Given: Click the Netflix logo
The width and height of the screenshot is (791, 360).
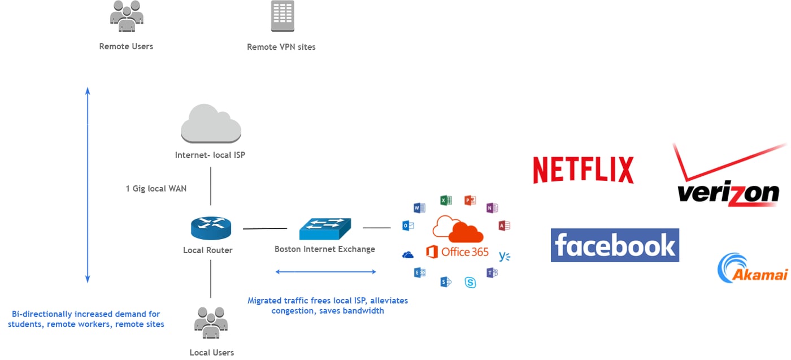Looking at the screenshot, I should (583, 170).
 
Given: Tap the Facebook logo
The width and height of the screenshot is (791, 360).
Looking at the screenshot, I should (615, 245).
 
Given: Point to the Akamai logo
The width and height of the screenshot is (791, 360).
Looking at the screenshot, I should (751, 269).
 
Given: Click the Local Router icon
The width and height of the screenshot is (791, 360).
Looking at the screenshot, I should (211, 227).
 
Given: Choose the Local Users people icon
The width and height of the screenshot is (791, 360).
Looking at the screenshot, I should (211, 323).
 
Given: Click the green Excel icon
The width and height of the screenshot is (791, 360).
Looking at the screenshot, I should (445, 200).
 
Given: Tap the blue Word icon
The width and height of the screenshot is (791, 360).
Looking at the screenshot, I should (419, 208).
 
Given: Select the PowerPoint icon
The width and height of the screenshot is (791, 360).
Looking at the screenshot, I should (470, 200).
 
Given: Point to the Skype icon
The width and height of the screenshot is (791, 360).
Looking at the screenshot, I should (470, 282).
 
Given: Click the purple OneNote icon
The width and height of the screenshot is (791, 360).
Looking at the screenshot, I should (492, 208).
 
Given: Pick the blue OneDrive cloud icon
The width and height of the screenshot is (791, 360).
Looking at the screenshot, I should (408, 255).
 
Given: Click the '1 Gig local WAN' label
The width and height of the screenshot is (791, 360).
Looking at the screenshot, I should (156, 188).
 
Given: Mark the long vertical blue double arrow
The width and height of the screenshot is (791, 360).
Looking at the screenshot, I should (87, 185).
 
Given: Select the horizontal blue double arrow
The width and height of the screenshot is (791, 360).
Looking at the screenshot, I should (325, 272).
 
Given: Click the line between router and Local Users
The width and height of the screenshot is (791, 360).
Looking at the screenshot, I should (211, 278).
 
